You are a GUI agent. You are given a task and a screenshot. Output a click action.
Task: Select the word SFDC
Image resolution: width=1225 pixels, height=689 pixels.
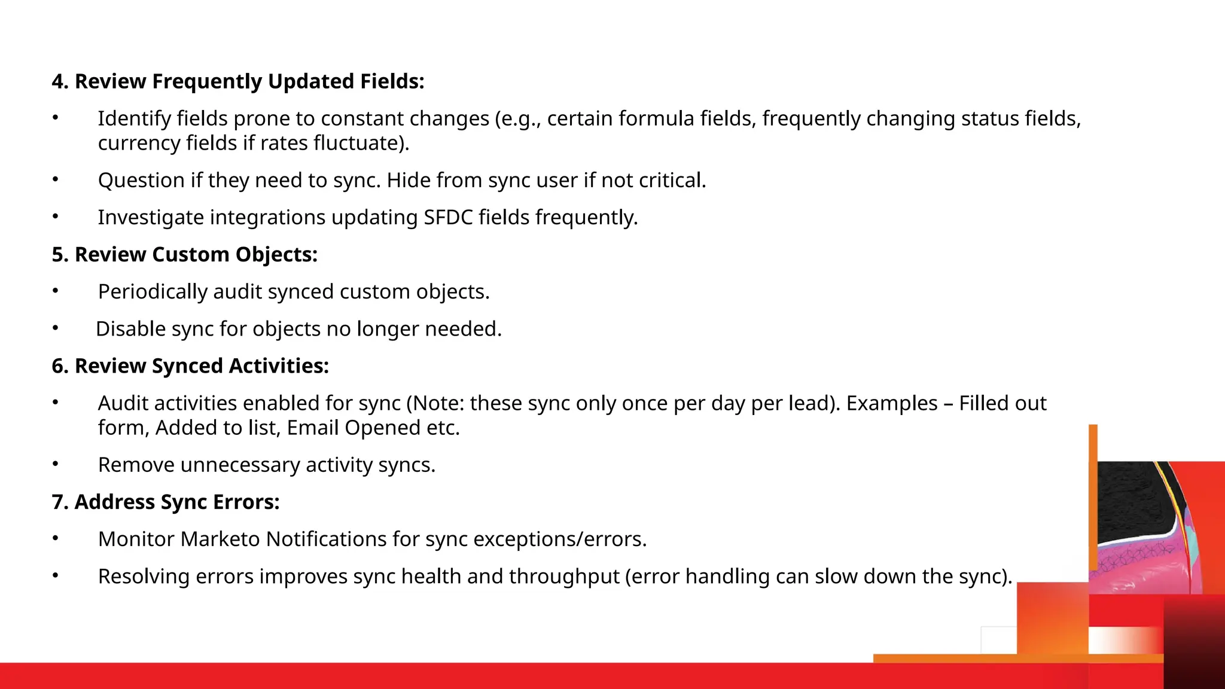448,217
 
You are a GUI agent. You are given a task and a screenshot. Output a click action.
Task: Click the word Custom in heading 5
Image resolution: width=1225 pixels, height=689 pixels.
190,254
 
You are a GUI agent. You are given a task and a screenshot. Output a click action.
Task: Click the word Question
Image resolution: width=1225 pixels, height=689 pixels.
141,180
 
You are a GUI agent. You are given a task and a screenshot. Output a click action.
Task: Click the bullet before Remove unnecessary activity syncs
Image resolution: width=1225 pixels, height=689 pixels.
55,464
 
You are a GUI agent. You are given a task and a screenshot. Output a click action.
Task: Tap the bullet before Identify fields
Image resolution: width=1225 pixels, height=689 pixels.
55,118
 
